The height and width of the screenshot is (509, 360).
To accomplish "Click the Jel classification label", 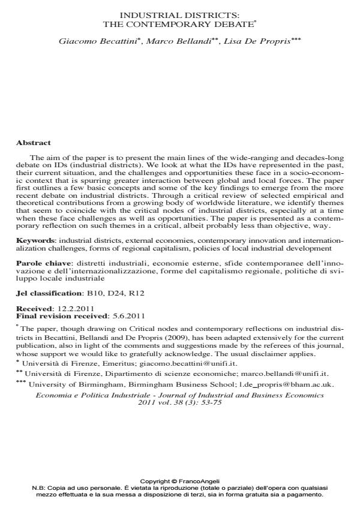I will [48, 294].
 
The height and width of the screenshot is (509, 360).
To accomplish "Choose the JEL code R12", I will [137, 294].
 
